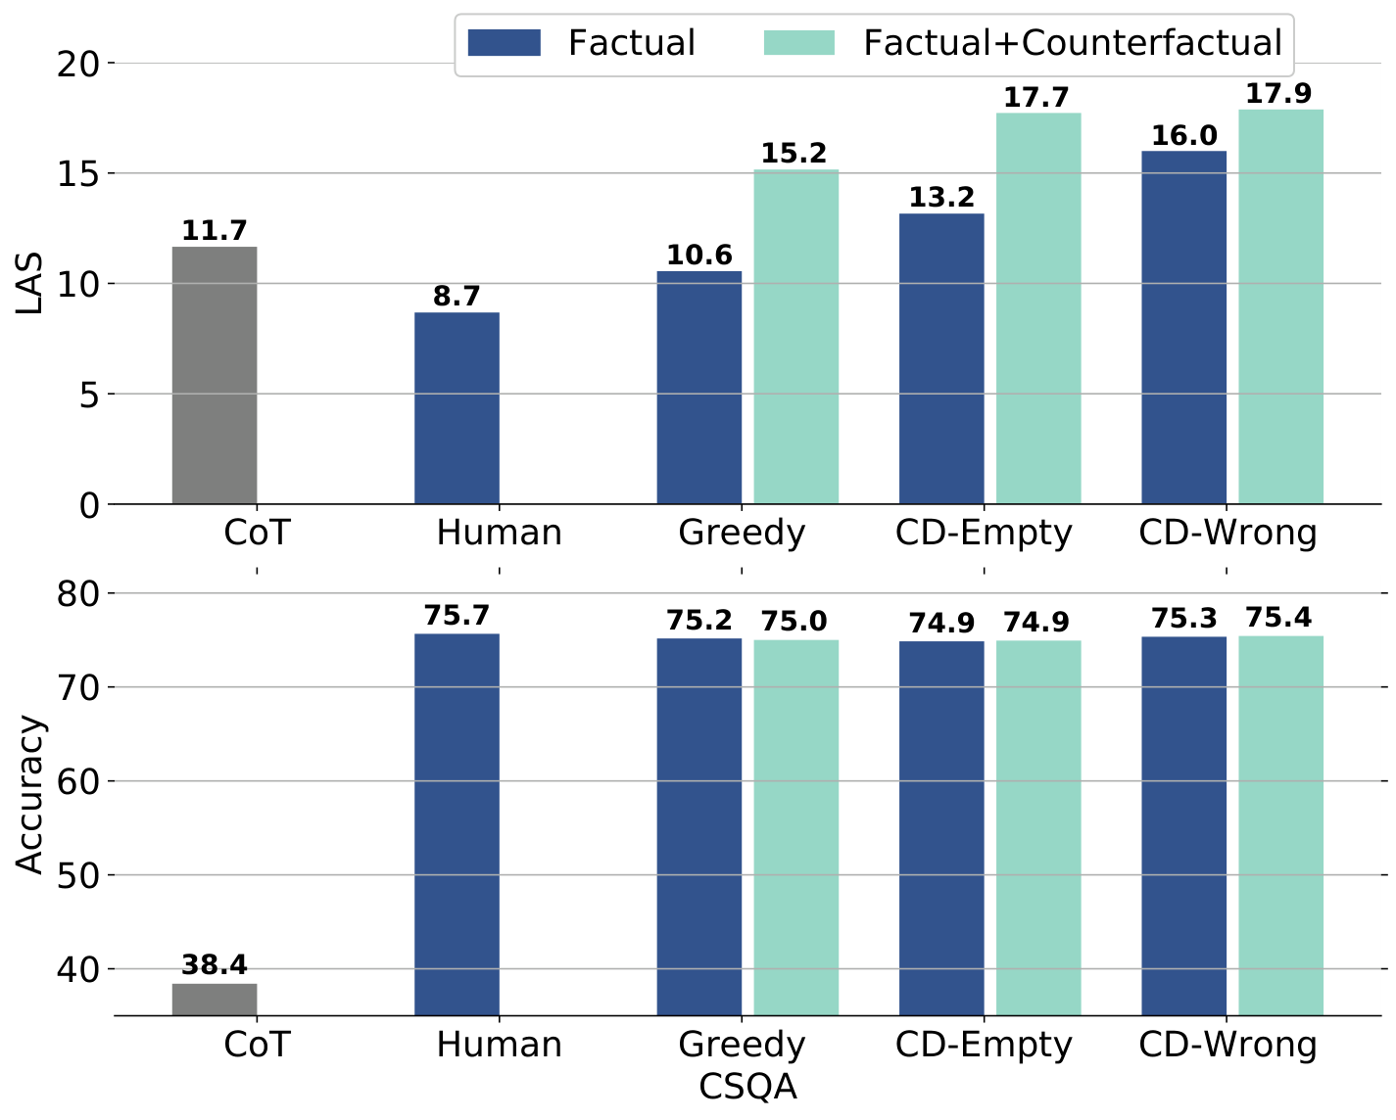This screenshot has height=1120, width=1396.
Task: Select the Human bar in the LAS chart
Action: pyautogui.click(x=457, y=408)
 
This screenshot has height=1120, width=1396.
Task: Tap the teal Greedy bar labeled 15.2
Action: pyautogui.click(x=795, y=337)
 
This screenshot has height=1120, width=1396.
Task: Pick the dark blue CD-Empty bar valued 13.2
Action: pyautogui.click(x=941, y=358)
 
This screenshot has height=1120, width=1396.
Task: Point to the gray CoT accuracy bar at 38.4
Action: pyautogui.click(x=215, y=999)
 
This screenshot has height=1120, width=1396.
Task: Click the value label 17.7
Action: pyautogui.click(x=1036, y=98)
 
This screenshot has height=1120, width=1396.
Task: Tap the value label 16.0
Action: pyautogui.click(x=1183, y=136)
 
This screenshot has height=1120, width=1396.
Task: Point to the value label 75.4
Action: pyautogui.click(x=1278, y=619)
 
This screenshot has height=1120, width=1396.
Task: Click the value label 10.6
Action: pyautogui.click(x=698, y=256)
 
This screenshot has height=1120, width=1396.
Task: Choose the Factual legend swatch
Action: pyautogui.click(x=504, y=43)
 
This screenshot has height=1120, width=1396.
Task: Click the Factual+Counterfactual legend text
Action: pyautogui.click(x=1072, y=43)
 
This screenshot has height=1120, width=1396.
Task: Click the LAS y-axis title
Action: pyautogui.click(x=30, y=284)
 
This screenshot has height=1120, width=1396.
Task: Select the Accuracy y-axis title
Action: pyautogui.click(x=30, y=795)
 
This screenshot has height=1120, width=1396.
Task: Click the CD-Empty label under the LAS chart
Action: pyautogui.click(x=984, y=534)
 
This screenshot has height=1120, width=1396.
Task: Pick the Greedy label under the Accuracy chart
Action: pyautogui.click(x=742, y=1045)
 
